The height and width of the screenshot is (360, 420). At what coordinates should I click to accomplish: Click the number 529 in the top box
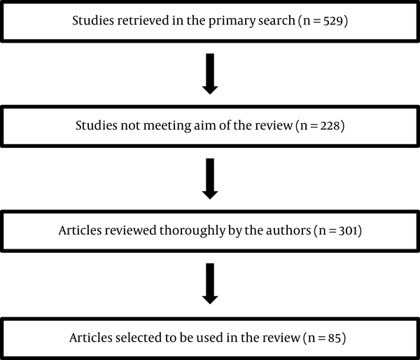point(333,21)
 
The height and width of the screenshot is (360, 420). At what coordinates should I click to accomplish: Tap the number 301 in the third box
point(348,230)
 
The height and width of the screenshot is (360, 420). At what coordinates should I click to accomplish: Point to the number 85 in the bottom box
point(335,338)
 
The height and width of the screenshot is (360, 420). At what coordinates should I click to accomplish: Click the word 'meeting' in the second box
point(167,126)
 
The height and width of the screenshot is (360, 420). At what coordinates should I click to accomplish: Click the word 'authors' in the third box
point(288,230)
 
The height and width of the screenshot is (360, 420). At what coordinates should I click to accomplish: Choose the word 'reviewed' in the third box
point(131,230)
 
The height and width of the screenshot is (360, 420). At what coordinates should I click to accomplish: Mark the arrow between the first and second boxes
point(210,74)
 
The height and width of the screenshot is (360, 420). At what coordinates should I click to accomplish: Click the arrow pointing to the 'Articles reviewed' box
point(210,179)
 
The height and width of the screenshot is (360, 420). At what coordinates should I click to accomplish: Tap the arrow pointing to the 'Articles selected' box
point(210,284)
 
